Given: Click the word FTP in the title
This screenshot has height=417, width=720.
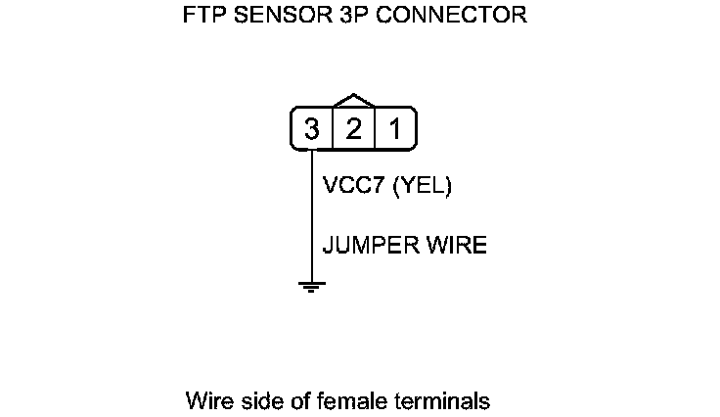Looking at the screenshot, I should (202, 17).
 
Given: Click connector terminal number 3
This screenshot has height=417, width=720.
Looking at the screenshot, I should (311, 128).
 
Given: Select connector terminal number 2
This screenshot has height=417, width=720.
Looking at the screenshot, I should (353, 128).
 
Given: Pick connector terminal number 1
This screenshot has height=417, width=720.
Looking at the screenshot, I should (394, 128).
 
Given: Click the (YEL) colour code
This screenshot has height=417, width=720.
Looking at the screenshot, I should (422, 186).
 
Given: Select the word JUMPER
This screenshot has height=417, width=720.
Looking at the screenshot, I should (365, 245).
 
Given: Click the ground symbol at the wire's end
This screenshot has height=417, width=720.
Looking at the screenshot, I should (311, 287).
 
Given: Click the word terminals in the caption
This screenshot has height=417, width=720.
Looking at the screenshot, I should (433, 400).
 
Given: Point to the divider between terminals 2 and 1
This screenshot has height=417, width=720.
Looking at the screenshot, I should (374, 128).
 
